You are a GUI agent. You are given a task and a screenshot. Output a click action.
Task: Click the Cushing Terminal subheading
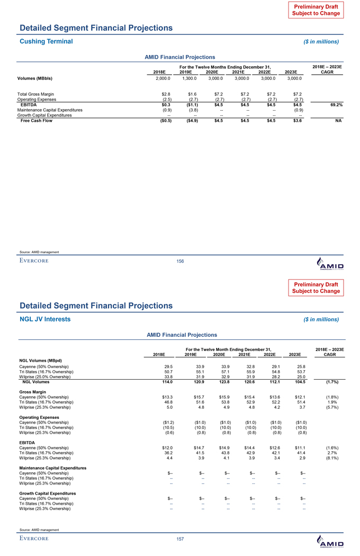click(x=46, y=41)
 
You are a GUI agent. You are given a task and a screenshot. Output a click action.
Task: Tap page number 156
click(x=180, y=261)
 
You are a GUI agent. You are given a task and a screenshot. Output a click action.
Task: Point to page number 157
click(x=180, y=539)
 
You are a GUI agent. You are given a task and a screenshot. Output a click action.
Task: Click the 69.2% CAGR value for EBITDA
click(x=334, y=105)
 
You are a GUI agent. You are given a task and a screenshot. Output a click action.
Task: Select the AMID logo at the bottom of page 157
click(x=329, y=542)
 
